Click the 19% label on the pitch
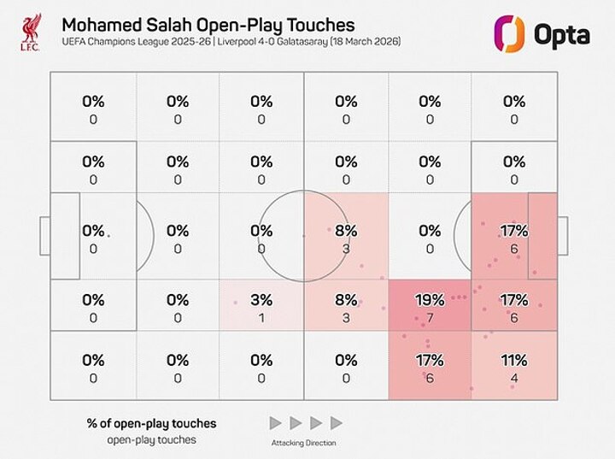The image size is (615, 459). (430, 300)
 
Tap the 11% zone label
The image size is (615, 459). (513, 360)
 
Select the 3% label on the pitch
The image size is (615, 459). (261, 300)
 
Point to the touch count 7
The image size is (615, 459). (430, 318)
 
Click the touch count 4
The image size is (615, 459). (513, 379)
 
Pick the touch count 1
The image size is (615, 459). (261, 318)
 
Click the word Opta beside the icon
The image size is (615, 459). (560, 36)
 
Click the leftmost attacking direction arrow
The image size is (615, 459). (275, 423)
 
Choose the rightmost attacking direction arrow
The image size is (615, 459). (336, 423)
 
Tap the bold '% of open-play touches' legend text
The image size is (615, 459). (149, 423)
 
